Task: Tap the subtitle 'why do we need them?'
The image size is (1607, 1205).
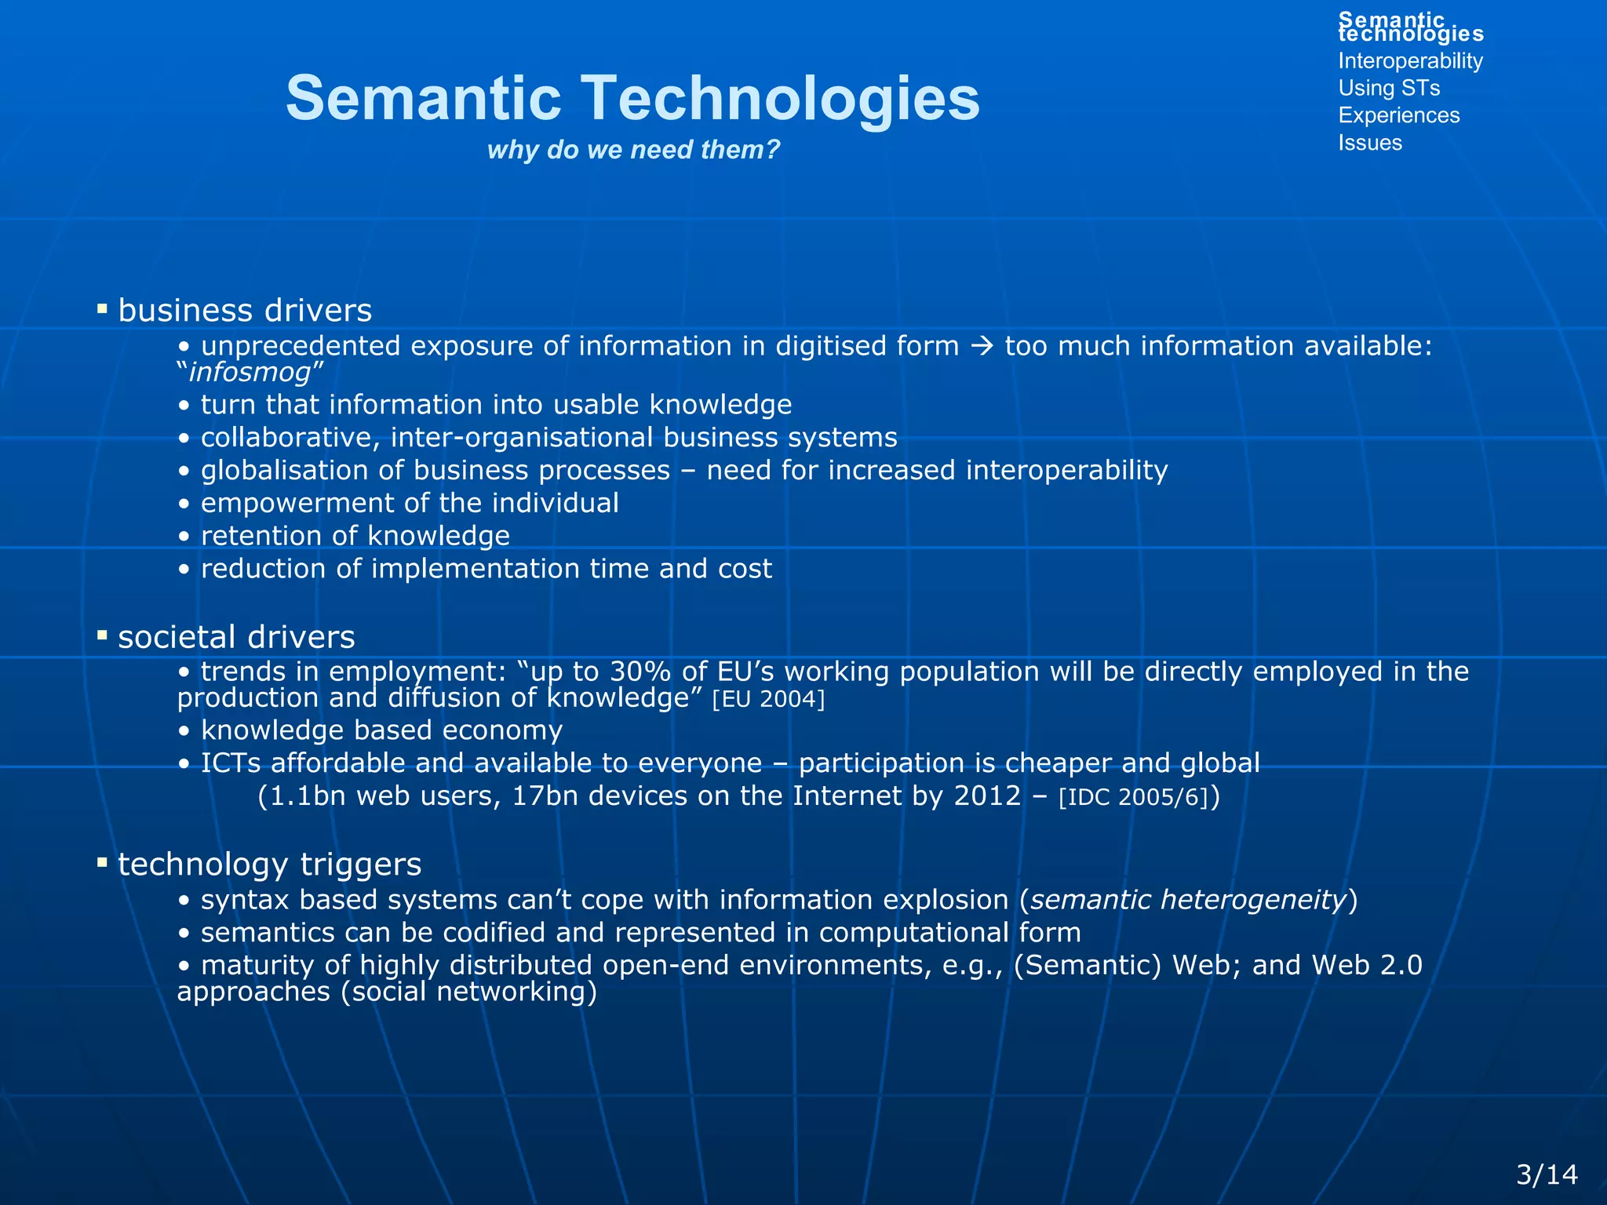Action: pyautogui.click(x=633, y=149)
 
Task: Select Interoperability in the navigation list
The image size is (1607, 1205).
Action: pyautogui.click(x=1410, y=61)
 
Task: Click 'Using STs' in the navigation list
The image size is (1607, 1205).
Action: pyautogui.click(x=1389, y=88)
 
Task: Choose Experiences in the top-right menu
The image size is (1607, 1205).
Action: pyautogui.click(x=1398, y=115)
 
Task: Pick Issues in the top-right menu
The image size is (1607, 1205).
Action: pyautogui.click(x=1369, y=143)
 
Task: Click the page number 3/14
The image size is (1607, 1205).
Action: pyautogui.click(x=1547, y=1174)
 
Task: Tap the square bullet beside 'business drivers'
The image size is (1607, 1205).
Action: pyautogui.click(x=102, y=309)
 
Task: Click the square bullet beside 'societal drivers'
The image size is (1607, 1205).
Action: pyautogui.click(x=102, y=635)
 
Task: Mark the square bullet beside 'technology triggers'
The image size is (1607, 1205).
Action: pyautogui.click(x=102, y=863)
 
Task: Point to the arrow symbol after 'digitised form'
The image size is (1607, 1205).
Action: pyautogui.click(x=982, y=346)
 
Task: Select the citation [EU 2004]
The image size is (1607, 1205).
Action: pyautogui.click(x=768, y=699)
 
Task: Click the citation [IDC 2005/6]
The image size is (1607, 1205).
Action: pyautogui.click(x=1133, y=797)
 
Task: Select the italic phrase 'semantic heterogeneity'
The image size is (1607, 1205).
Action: pyautogui.click(x=1188, y=900)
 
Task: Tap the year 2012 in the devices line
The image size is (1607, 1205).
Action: pyautogui.click(x=987, y=796)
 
